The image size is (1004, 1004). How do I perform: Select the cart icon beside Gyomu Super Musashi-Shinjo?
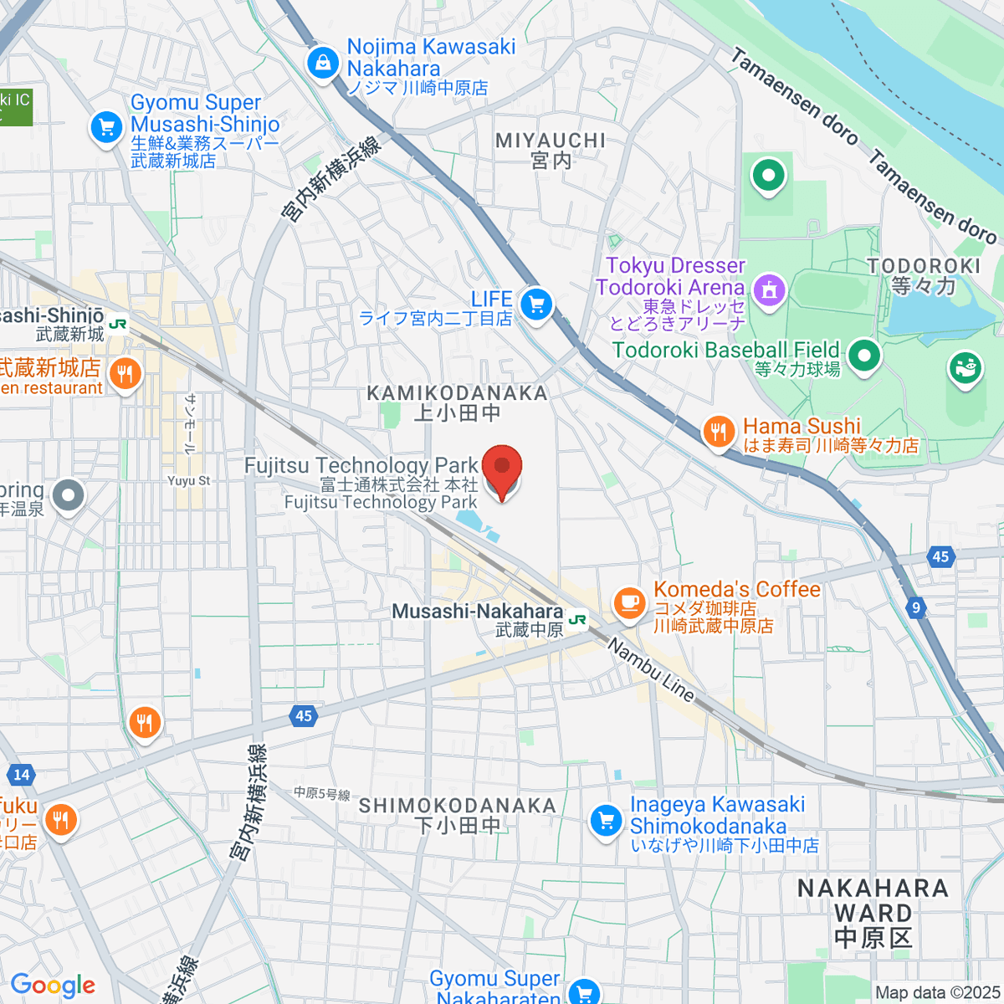106,129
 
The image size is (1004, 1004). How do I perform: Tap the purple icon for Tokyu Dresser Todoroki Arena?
769,290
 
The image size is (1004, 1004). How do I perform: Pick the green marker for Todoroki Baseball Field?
863,356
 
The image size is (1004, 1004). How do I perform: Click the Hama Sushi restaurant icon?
718,433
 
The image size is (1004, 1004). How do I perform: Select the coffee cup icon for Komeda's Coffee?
629,602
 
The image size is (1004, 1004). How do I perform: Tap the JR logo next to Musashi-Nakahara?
577,620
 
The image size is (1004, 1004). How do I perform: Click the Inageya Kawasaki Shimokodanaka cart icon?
606,821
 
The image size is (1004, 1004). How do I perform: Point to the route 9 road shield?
916,607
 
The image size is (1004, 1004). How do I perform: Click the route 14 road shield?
22,775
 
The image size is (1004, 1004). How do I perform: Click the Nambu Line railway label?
651,670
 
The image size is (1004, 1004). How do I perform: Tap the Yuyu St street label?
189,481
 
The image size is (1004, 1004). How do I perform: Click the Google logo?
53,986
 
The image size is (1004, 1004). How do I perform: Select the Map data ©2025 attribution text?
937,993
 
